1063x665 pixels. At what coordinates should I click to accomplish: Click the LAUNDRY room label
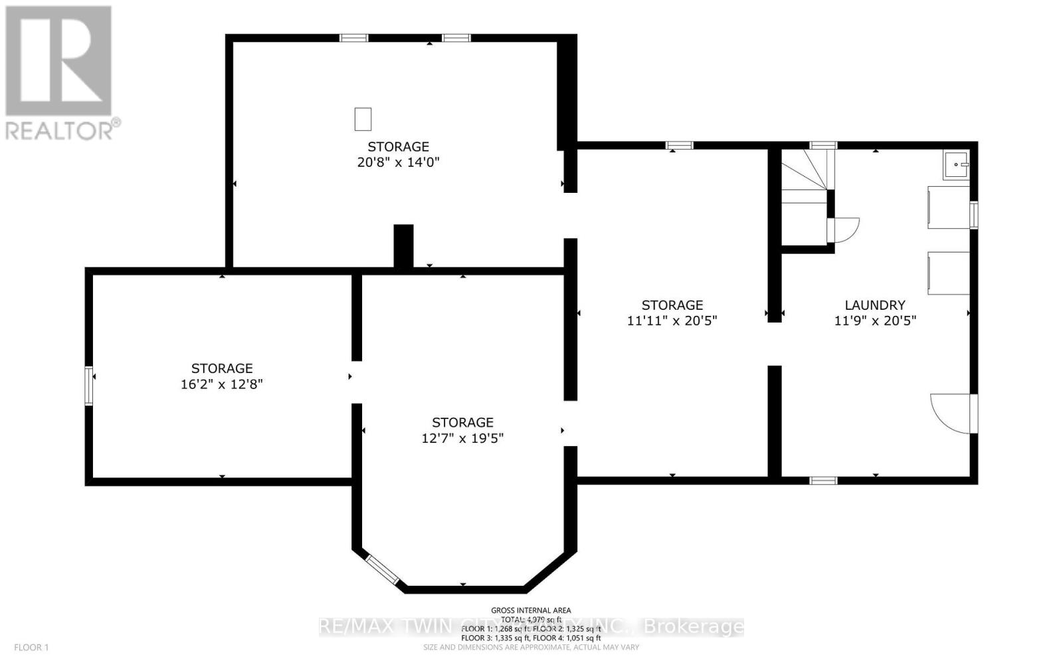[x=874, y=305]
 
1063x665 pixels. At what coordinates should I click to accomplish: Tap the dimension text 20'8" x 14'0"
[x=399, y=162]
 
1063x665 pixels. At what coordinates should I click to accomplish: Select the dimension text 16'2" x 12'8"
[x=222, y=384]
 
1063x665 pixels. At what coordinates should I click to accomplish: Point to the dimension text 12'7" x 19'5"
[x=462, y=438]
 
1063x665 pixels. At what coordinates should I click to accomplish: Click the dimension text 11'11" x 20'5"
[x=672, y=321]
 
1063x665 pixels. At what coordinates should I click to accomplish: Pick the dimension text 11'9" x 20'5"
[x=875, y=321]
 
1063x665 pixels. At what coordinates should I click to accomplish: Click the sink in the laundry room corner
[x=956, y=165]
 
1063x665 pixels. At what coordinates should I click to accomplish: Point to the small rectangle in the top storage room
[x=362, y=119]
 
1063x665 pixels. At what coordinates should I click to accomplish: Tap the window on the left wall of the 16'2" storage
[x=88, y=385]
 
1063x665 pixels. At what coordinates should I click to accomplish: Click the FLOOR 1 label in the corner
[x=31, y=647]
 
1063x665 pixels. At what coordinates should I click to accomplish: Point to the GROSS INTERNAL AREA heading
[x=531, y=610]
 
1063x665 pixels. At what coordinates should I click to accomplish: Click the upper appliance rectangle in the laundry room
[x=949, y=207]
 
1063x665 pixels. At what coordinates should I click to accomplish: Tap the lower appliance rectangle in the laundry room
[x=949, y=273]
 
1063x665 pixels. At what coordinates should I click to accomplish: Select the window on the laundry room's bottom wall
[x=823, y=479]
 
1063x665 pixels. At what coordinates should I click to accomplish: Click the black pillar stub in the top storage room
[x=403, y=246]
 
